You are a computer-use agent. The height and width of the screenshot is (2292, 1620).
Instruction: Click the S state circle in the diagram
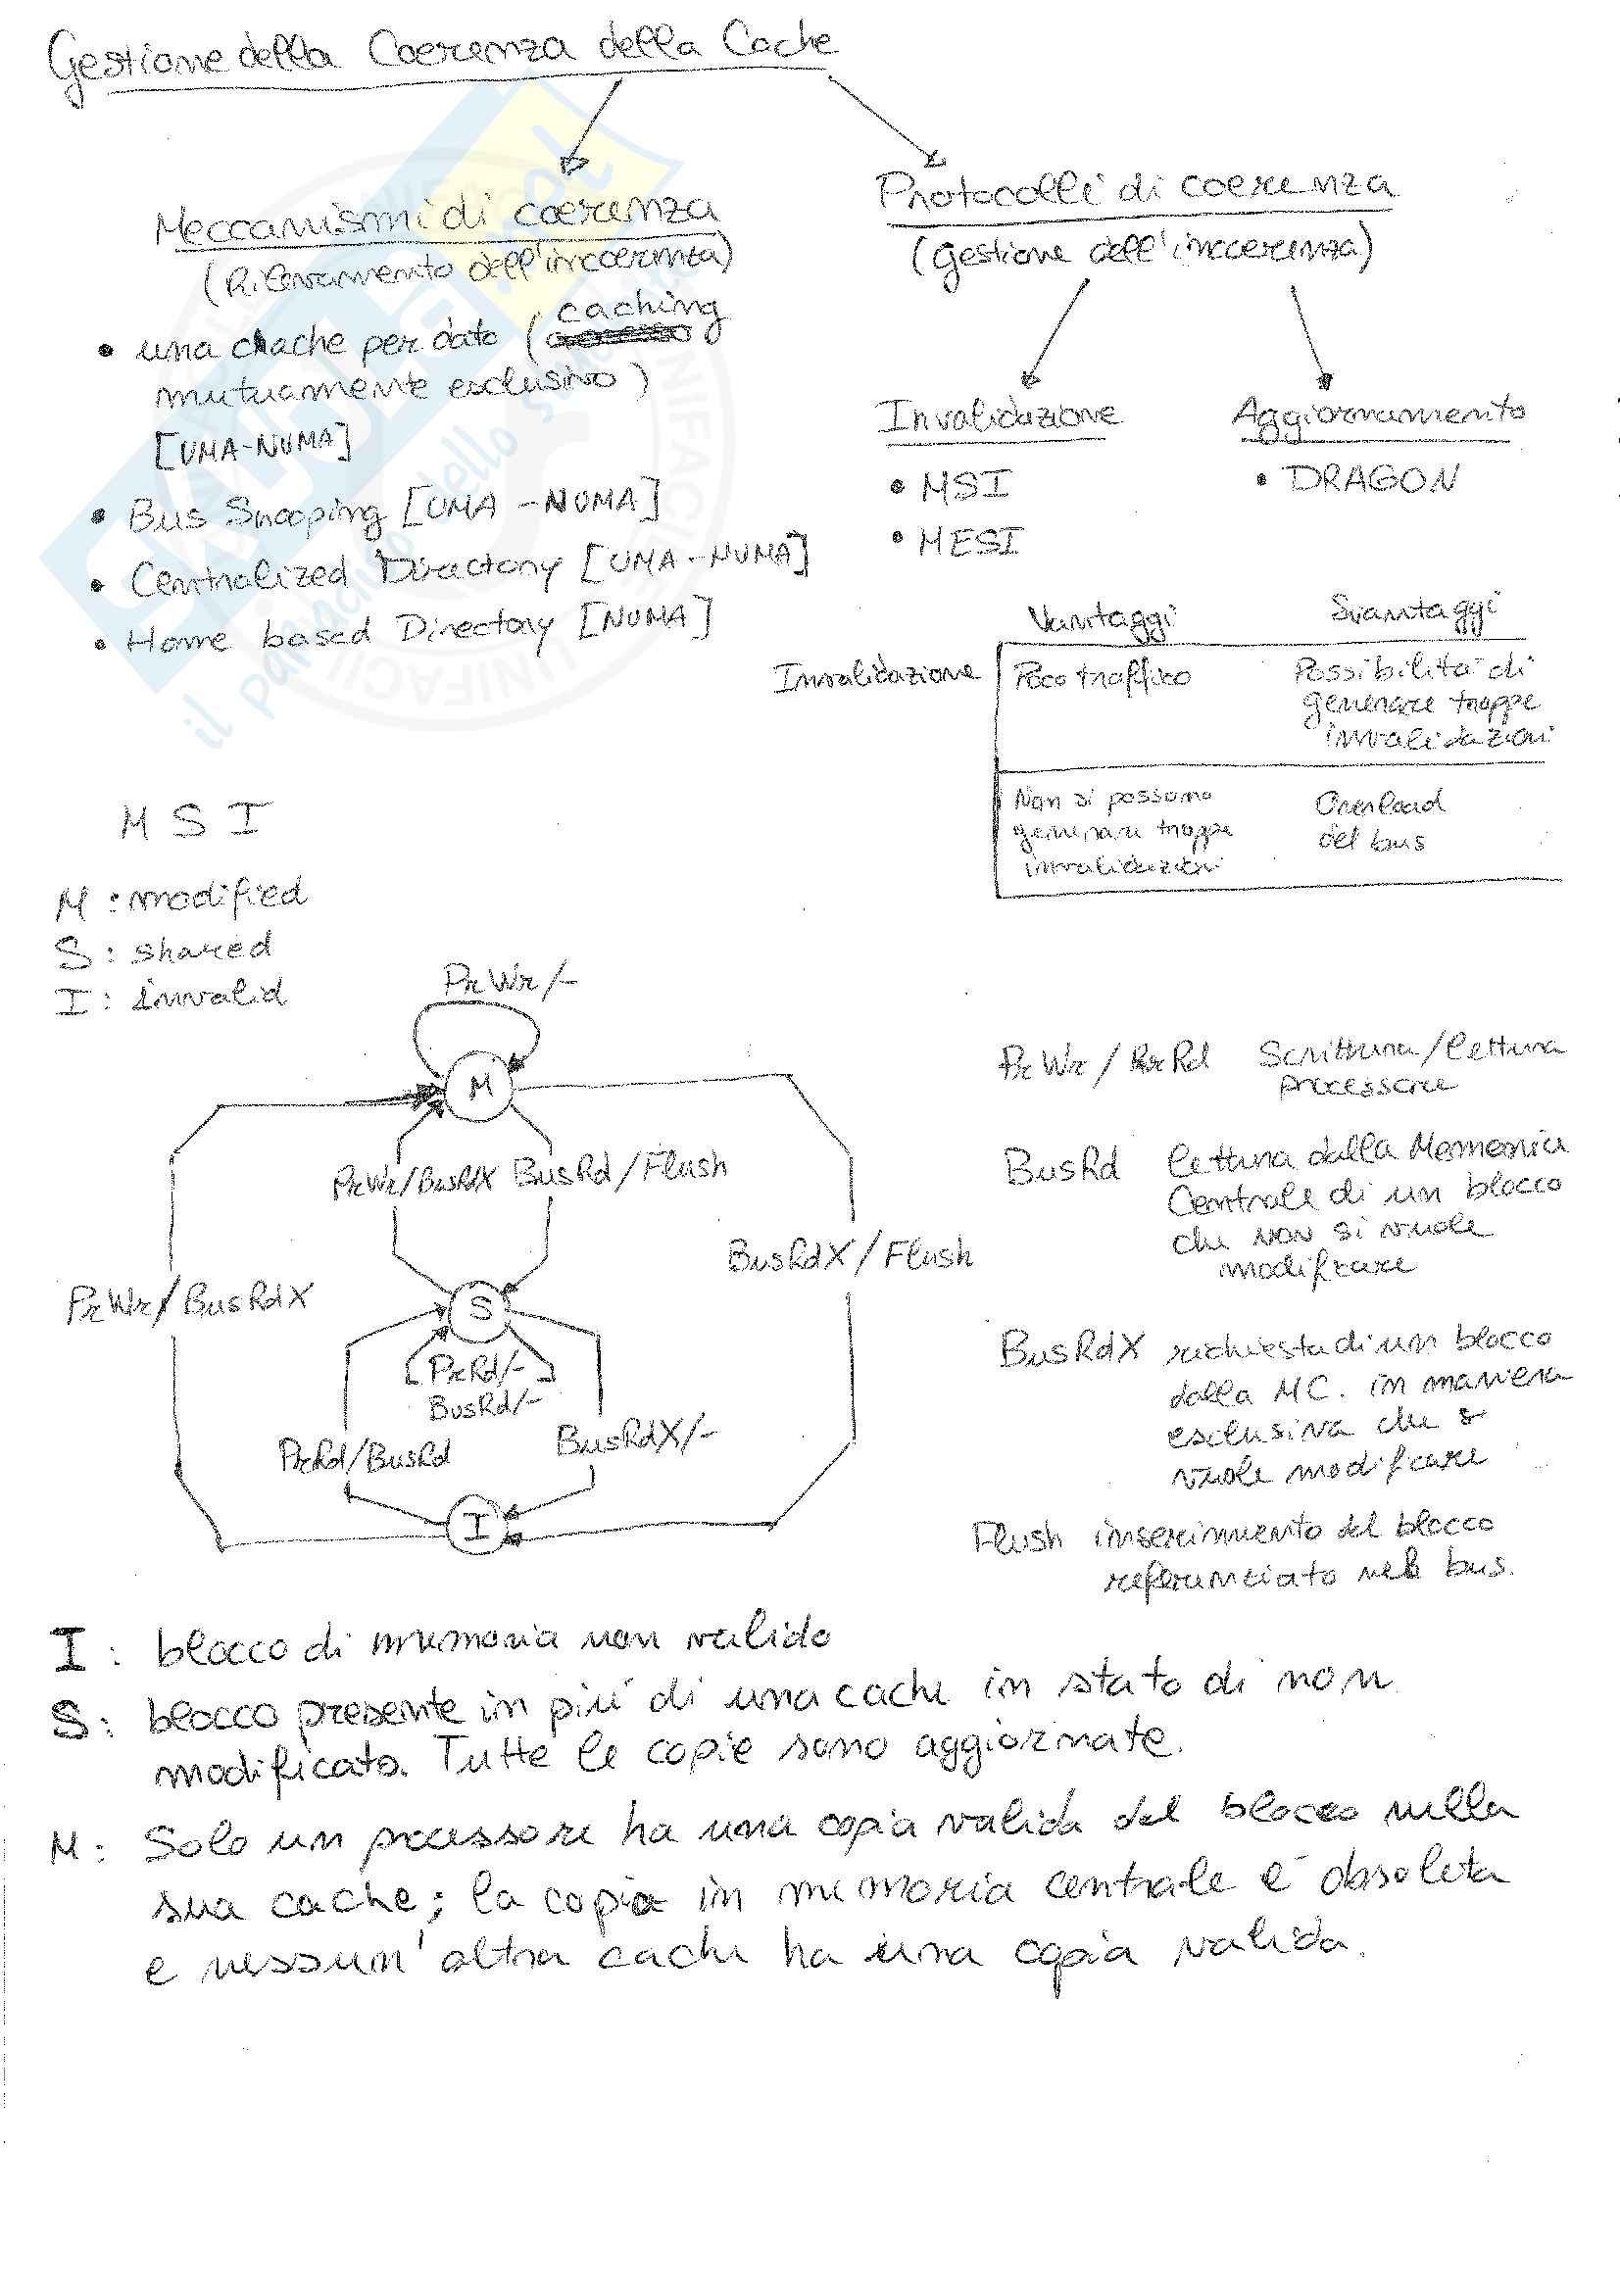479,1309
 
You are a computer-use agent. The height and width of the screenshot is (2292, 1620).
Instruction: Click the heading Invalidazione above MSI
997,415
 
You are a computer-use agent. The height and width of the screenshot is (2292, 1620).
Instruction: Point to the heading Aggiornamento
1378,413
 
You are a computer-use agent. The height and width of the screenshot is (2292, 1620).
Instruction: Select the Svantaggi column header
1414,609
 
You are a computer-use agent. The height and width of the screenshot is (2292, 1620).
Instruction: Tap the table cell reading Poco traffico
1102,677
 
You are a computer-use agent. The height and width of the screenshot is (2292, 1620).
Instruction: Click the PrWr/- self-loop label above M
509,980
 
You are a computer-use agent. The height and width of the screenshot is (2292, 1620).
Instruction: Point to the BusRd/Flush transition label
619,1169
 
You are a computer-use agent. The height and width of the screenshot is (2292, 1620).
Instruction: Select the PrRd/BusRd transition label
365,1456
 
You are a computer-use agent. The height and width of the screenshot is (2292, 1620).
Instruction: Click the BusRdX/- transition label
635,1439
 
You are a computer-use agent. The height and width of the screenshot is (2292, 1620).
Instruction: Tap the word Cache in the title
777,42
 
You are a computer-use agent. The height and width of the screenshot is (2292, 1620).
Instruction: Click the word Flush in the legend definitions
1018,1538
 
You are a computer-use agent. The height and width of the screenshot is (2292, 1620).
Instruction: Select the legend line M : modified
180,900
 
